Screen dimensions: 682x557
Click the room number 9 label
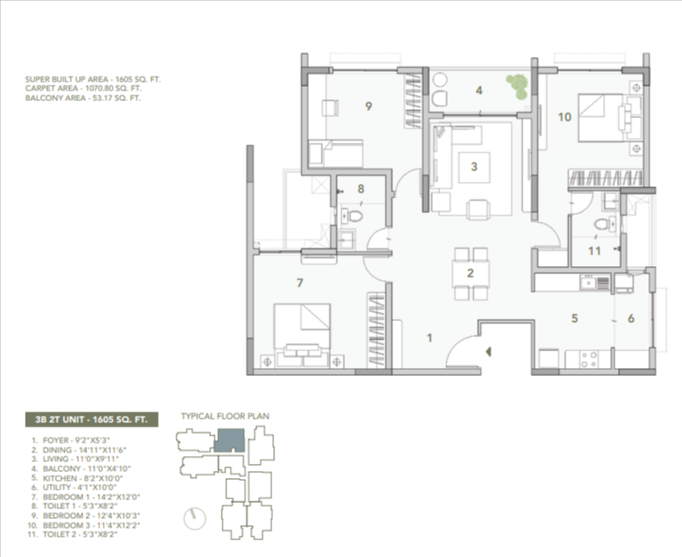[368, 106]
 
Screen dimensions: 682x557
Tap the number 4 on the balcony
[479, 90]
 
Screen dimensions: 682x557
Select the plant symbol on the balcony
[517, 86]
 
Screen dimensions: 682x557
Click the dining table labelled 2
[470, 273]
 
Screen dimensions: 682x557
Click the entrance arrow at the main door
[489, 351]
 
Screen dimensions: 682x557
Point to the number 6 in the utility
[631, 318]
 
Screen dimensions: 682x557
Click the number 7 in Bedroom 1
[300, 283]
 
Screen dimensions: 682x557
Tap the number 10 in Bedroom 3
[565, 116]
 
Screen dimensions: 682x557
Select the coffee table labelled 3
[474, 168]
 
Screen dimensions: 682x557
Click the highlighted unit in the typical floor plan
[230, 440]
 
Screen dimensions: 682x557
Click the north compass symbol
[194, 519]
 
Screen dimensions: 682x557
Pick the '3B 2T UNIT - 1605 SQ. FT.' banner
[91, 420]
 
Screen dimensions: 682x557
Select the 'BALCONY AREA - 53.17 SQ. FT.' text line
[83, 98]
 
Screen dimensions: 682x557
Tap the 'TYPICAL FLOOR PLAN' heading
[225, 416]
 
